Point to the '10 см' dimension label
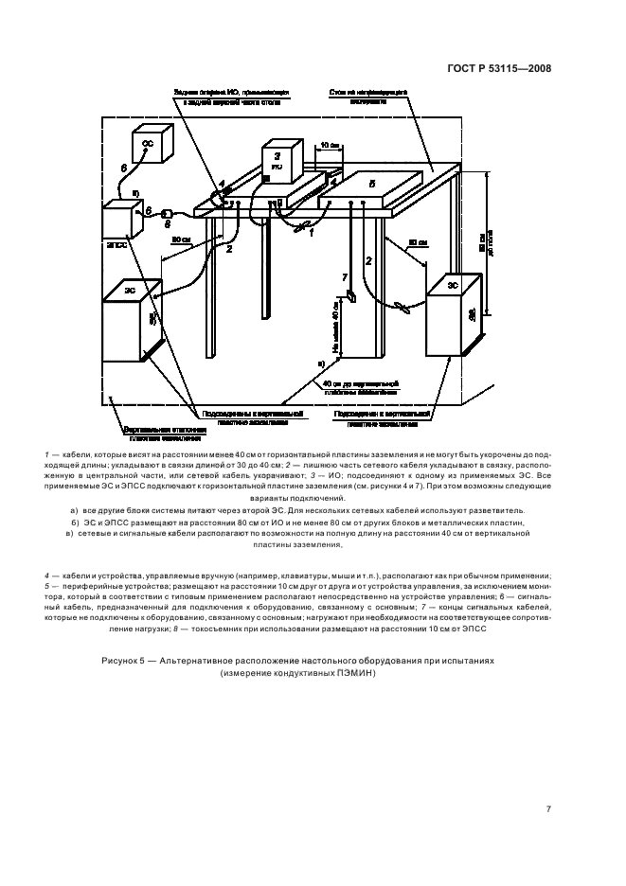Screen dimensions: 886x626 (x=329, y=145)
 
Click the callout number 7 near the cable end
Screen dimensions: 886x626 (x=345, y=277)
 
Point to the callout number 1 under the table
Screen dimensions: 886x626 (x=310, y=233)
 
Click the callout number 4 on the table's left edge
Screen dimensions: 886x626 (x=221, y=183)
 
